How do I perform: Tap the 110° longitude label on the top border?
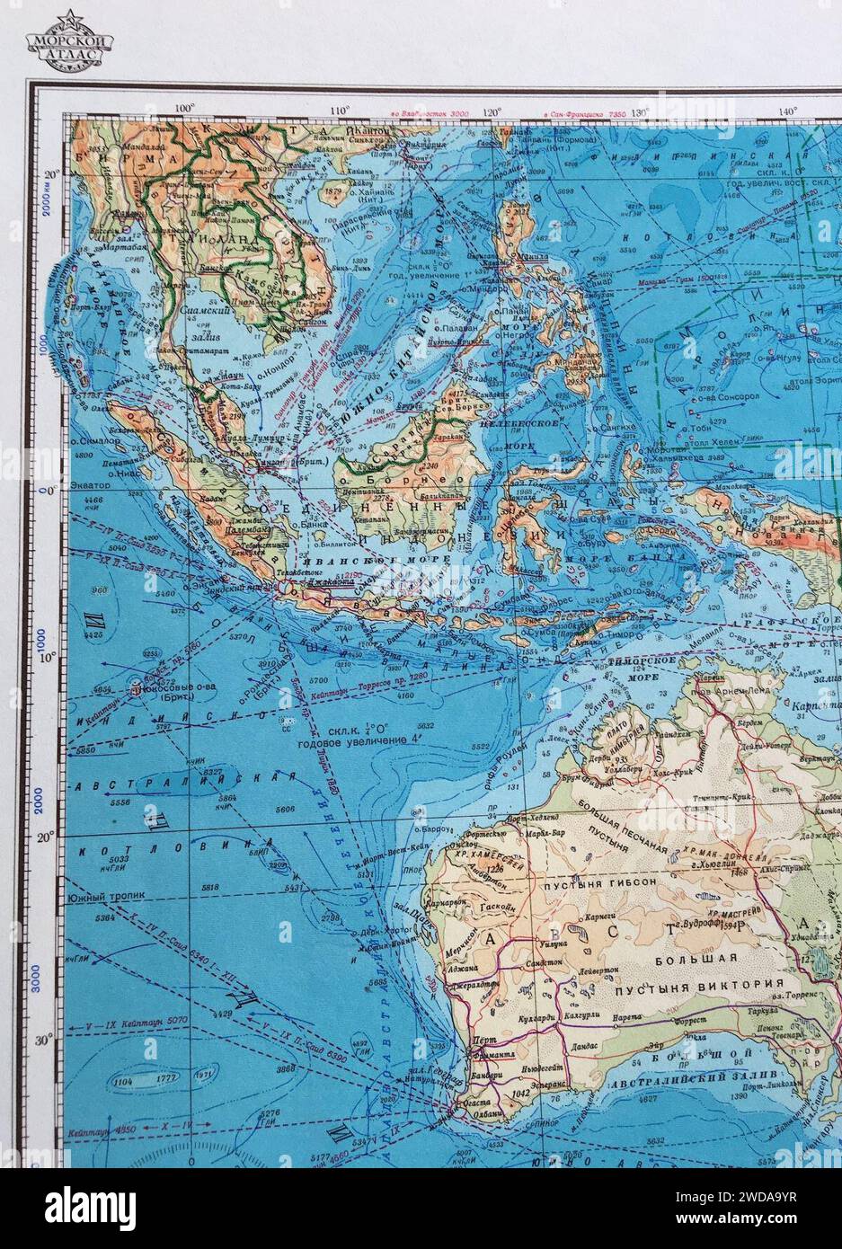(x=340, y=111)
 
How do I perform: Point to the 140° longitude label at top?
(x=787, y=111)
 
